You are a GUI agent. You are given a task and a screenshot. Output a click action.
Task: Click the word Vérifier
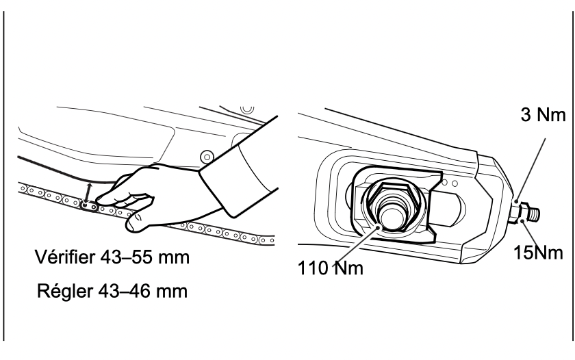(65, 257)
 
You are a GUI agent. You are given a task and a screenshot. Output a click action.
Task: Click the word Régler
(65, 291)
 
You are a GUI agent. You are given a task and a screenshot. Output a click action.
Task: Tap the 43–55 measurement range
(126, 257)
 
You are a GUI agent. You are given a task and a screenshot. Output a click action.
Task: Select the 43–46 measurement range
(125, 291)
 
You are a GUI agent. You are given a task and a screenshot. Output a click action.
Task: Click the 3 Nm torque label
(544, 115)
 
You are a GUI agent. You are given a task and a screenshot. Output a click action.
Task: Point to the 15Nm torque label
(538, 253)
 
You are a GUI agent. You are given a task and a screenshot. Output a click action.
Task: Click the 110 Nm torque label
(331, 268)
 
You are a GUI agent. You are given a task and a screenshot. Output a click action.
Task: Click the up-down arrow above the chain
(88, 192)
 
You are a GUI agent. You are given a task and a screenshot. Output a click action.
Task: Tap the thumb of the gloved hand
(138, 222)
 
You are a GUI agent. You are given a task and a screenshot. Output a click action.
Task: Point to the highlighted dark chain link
(89, 207)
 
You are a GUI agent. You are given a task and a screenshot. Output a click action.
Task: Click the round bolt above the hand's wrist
(207, 157)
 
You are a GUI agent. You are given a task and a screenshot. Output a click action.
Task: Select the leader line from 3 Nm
(531, 170)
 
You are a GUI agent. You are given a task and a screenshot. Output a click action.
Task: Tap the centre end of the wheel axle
(392, 216)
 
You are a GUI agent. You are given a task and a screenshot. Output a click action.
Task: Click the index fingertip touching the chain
(101, 200)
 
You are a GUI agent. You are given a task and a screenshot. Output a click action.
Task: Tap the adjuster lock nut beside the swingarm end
(521, 212)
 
